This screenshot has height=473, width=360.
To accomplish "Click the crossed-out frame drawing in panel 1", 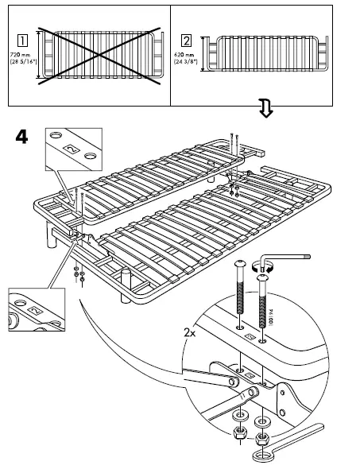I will click(99, 53).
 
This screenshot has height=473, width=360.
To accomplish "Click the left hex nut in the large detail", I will click(236, 434).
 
